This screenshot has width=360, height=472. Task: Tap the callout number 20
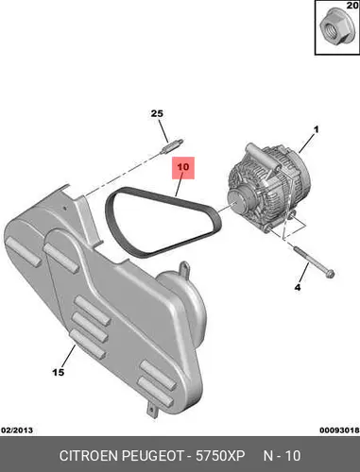pos(352,6)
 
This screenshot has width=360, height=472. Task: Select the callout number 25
pos(157,113)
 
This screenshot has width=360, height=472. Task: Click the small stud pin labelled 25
pos(172,145)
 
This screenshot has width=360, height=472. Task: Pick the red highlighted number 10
pos(183,167)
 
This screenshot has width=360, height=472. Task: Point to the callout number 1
pos(316,129)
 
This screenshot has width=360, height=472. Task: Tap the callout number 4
pos(298,287)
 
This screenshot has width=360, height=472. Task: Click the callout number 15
pos(59,372)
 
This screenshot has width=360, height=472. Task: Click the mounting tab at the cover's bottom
pos(152,409)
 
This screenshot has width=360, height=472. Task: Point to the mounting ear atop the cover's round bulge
pos(184,269)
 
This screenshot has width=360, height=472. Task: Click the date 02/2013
pos(17,430)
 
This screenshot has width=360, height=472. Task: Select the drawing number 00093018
pos(339,430)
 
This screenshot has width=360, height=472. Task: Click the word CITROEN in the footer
pos(89,456)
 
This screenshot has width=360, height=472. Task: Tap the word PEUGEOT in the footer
pos(153,456)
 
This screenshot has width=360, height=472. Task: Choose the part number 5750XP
pos(220,456)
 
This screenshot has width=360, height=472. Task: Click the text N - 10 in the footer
pos(282,456)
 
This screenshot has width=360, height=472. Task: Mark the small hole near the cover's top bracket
pos(64,208)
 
